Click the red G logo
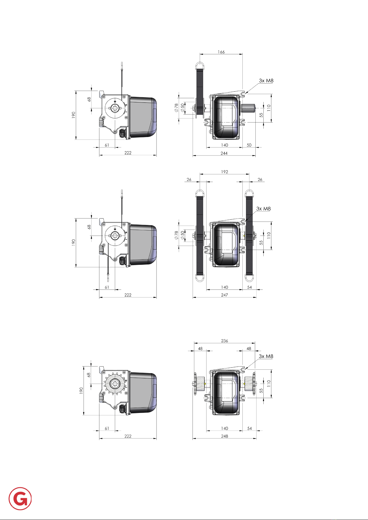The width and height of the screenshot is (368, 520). coord(20,499)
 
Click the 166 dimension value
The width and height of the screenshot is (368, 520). coord(221,52)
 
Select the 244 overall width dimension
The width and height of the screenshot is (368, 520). coord(224,153)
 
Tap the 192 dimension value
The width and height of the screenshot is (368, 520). coord(224,172)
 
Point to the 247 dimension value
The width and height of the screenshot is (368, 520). coord(224,295)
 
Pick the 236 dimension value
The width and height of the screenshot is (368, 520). coord(224,341)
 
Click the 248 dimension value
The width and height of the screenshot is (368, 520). coord(224,436)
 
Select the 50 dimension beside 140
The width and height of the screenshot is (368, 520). coord(249,145)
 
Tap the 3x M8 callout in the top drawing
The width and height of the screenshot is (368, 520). coord(266,81)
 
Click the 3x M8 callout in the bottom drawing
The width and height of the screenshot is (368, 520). coord(266,356)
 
